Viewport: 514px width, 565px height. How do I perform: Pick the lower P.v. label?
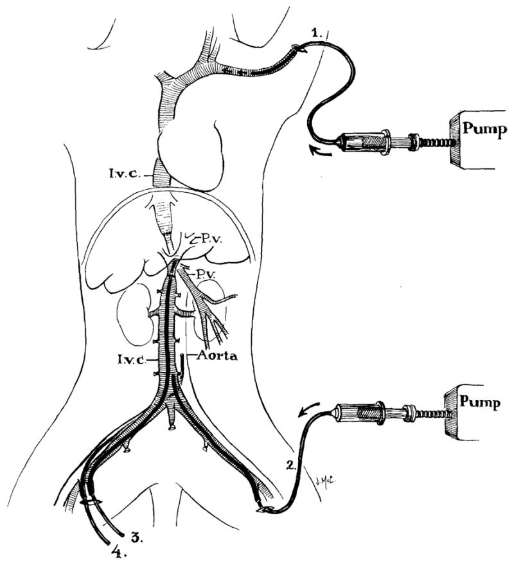coord(206,274)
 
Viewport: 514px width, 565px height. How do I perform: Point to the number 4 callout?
coord(116,551)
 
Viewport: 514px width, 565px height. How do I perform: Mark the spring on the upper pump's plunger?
coord(438,141)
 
